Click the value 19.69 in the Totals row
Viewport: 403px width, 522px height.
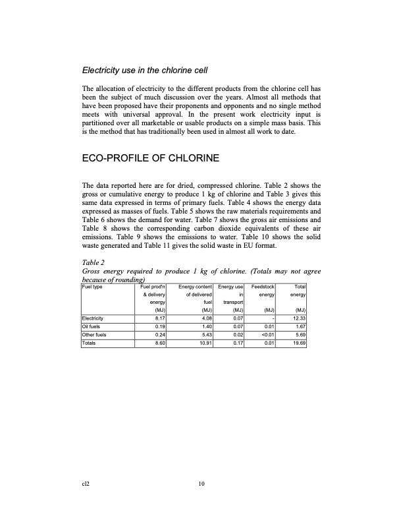tap(298, 343)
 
